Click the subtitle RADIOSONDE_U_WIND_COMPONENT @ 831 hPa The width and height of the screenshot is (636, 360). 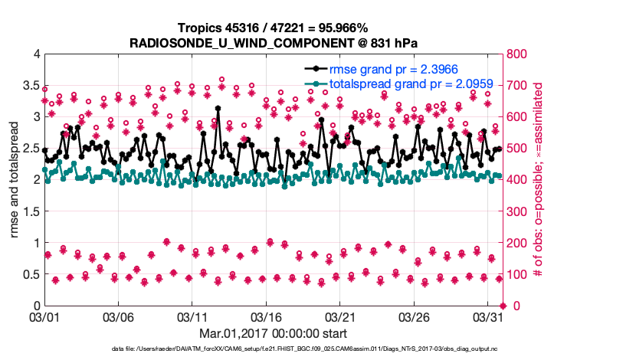pos(273,42)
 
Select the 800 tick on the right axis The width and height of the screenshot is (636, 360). pos(520,54)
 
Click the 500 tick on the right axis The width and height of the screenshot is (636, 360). pos(520,149)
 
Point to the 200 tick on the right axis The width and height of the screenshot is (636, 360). pos(520,243)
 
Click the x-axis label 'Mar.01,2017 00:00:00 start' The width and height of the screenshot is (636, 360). pos(274,333)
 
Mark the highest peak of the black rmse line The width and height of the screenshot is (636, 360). pos(218,109)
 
